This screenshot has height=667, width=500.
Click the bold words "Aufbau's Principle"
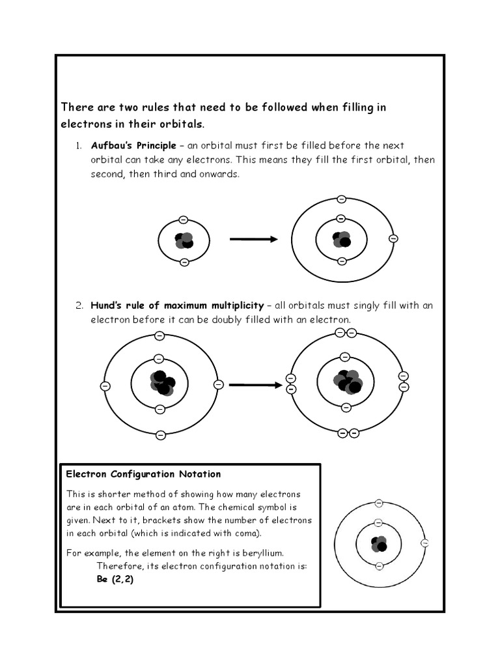(133, 145)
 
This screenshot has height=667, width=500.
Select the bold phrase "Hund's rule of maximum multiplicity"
(176, 305)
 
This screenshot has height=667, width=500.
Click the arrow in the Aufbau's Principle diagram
(253, 239)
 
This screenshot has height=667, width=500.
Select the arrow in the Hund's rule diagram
(256, 385)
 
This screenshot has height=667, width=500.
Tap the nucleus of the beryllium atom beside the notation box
(378, 543)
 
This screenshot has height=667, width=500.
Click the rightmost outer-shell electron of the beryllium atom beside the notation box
(425, 543)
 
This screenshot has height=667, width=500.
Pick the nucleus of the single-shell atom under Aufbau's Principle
(184, 240)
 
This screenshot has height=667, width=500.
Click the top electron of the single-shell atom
(184, 219)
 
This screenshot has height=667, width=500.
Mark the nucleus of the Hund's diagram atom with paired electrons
(346, 382)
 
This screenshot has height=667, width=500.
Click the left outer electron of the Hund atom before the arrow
(105, 386)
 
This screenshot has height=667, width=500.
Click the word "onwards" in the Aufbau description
(221, 175)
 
